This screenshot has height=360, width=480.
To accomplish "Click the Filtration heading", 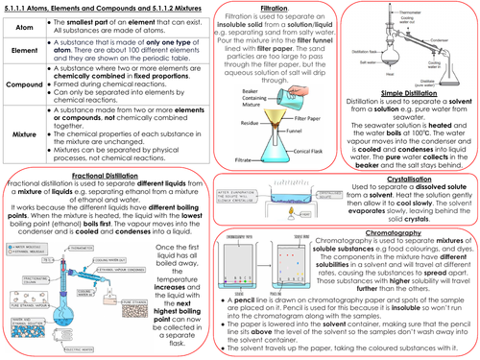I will pos(256,8).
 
